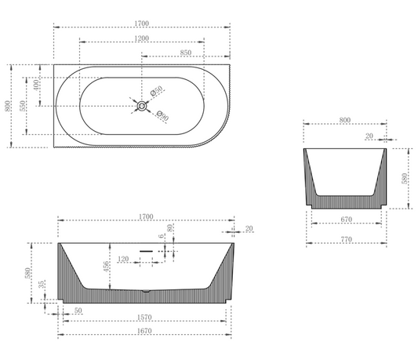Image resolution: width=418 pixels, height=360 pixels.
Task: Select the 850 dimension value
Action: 186,53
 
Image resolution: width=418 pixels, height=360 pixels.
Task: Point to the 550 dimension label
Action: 24,104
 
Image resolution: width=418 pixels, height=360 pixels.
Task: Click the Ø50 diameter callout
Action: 157,93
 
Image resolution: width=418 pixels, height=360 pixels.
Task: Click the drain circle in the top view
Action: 142,106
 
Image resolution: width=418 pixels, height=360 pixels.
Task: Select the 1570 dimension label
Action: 143,318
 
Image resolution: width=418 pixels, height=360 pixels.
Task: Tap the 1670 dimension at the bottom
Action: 143,330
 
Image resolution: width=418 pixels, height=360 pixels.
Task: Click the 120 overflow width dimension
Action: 123,258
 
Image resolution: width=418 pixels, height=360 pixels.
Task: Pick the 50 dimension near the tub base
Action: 78,311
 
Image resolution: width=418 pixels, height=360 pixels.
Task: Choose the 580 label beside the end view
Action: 404,178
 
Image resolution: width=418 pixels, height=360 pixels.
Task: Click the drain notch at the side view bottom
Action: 145,293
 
